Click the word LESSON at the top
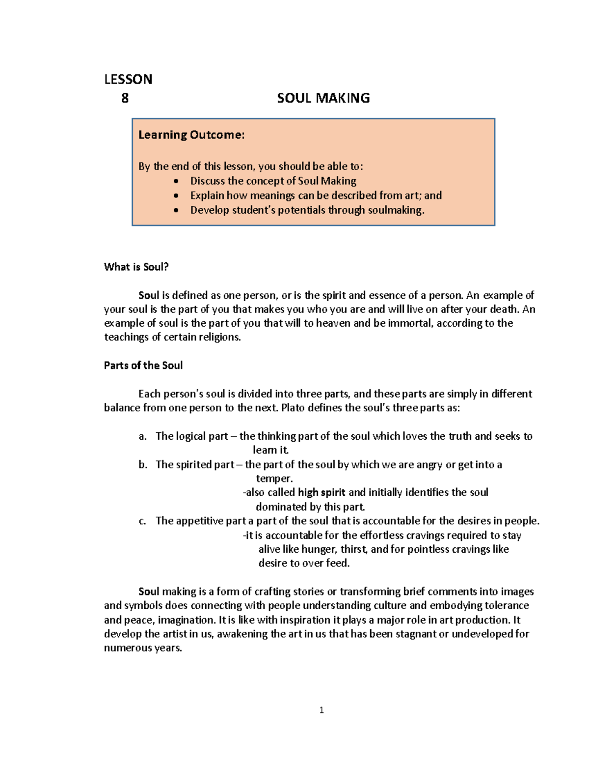tap(128, 79)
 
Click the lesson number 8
tap(125, 98)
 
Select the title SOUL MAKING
tap(323, 98)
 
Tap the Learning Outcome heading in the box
tap(191, 135)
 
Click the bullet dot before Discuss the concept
tap(177, 181)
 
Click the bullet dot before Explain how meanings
tap(177, 196)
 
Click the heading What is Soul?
tap(136, 267)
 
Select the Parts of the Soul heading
tap(143, 366)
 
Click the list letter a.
tap(142, 436)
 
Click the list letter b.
tap(142, 465)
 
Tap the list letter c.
tap(142, 521)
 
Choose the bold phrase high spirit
tap(321, 492)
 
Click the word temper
tap(274, 479)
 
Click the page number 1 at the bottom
tap(321, 710)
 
